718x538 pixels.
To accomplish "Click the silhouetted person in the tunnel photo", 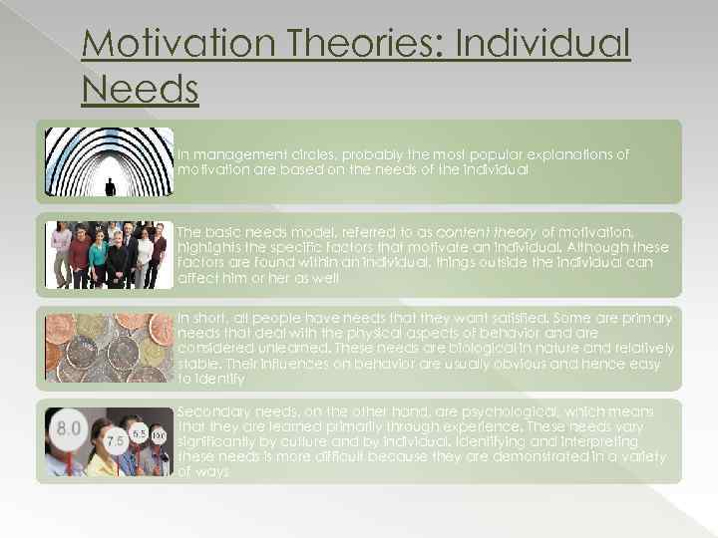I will pyautogui.click(x=110, y=185).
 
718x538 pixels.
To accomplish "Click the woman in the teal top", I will pyautogui.click(x=98, y=257).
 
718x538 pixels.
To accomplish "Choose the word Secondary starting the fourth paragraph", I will pyautogui.click(x=211, y=409).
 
